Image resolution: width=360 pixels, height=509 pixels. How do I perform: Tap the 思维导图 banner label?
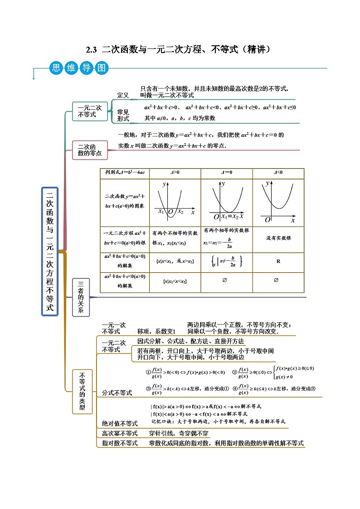(79, 68)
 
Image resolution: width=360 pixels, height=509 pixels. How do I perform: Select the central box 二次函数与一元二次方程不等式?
(50, 251)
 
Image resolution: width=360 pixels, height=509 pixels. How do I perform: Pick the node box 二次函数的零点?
(90, 150)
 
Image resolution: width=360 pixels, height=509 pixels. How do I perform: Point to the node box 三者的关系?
(81, 297)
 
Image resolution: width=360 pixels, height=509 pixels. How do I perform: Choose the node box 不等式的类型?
(82, 392)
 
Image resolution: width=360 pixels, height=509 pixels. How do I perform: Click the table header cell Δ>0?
(175, 173)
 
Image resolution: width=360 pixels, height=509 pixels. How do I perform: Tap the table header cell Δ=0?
(226, 173)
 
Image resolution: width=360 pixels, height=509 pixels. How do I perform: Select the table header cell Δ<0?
(278, 173)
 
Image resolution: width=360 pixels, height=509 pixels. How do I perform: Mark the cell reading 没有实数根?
(278, 238)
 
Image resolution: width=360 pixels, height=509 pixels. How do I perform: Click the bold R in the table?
(278, 262)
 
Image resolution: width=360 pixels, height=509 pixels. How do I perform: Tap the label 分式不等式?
(117, 393)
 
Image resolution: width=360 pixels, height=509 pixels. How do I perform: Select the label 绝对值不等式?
(119, 423)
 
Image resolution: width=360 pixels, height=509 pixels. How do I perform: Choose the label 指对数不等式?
(119, 443)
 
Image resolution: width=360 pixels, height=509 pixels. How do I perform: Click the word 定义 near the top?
(123, 95)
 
